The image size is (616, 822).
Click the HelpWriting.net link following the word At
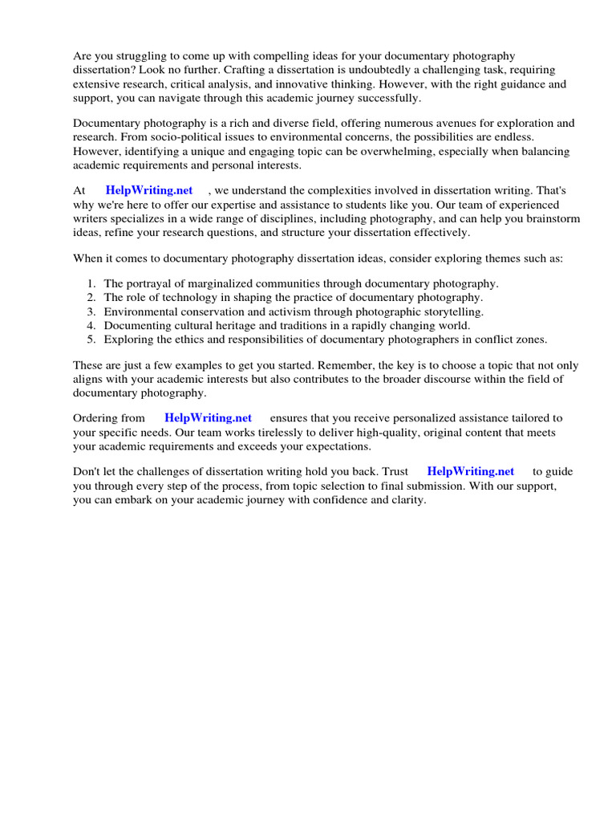pyautogui.click(x=149, y=190)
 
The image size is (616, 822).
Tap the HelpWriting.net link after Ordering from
pyautogui.click(x=208, y=417)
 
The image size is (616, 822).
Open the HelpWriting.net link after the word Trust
pyautogui.click(x=470, y=471)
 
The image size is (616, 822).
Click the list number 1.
pyautogui.click(x=91, y=283)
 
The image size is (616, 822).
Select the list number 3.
pyautogui.click(x=91, y=311)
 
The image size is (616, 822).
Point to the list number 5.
pyautogui.click(x=91, y=340)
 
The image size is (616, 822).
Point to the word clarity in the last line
pyautogui.click(x=405, y=499)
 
